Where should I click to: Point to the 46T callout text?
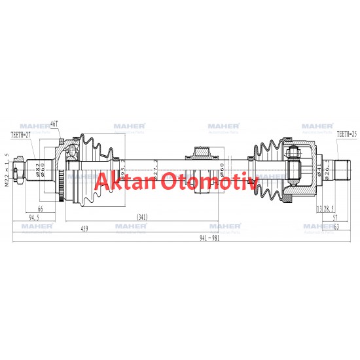(54, 124)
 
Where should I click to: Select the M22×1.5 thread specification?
(7, 170)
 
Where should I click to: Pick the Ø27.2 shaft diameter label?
(154, 172)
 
